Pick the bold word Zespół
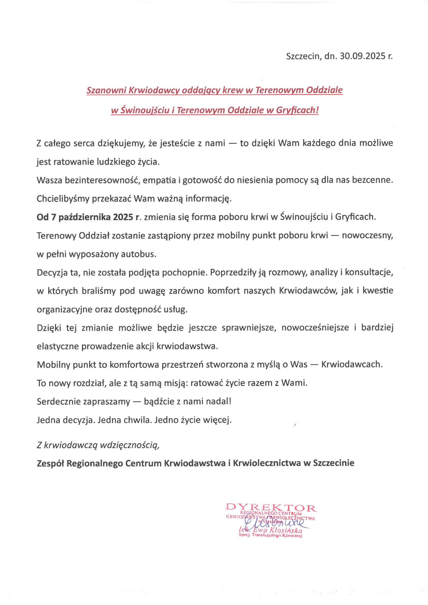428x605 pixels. (x=51, y=463)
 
